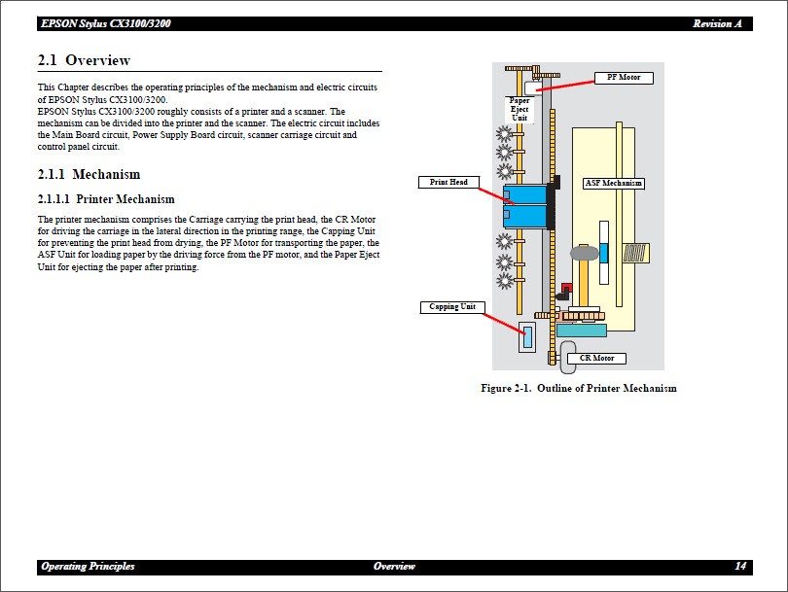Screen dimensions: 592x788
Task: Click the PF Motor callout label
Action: tap(624, 78)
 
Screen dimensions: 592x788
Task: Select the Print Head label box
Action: tap(448, 182)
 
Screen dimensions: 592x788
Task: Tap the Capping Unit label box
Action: tap(452, 307)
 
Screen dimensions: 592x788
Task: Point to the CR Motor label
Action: tap(596, 359)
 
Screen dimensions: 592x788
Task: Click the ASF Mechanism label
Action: tap(613, 183)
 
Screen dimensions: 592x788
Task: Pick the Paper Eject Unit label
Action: tap(519, 109)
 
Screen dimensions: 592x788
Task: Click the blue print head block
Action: tap(524, 204)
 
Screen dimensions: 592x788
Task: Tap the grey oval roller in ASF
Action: tap(583, 253)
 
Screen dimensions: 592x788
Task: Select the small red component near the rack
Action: tap(566, 288)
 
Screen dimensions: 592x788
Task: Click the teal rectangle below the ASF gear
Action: tap(581, 331)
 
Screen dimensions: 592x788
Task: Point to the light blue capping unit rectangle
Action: tap(527, 337)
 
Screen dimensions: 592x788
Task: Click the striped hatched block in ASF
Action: tap(635, 254)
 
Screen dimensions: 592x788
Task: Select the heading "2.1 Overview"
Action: tap(84, 60)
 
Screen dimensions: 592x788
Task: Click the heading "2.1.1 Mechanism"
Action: tap(89, 175)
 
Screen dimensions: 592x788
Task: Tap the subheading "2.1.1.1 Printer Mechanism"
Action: tap(106, 199)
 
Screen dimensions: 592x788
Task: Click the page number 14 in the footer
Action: tap(740, 567)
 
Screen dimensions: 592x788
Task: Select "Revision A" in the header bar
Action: tap(718, 23)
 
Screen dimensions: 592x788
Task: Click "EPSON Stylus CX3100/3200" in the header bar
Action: tap(105, 23)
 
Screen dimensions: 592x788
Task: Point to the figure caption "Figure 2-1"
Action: tap(578, 389)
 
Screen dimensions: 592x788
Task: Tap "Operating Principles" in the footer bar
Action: tap(88, 567)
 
